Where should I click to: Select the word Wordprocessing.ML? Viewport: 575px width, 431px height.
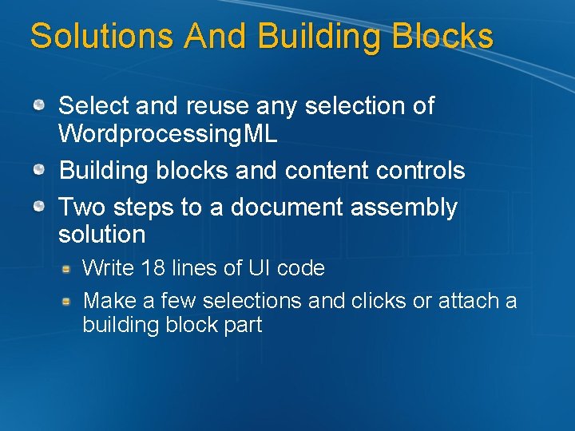(168, 133)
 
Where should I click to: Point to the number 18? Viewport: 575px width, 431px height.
(153, 268)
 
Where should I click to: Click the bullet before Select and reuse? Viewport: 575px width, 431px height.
(39, 104)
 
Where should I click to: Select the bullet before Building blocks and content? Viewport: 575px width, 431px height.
(39, 168)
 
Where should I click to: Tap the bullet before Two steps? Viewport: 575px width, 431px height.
(39, 206)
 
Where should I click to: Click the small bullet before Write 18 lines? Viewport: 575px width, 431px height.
(69, 268)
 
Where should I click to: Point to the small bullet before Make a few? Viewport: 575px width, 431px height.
(69, 301)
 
